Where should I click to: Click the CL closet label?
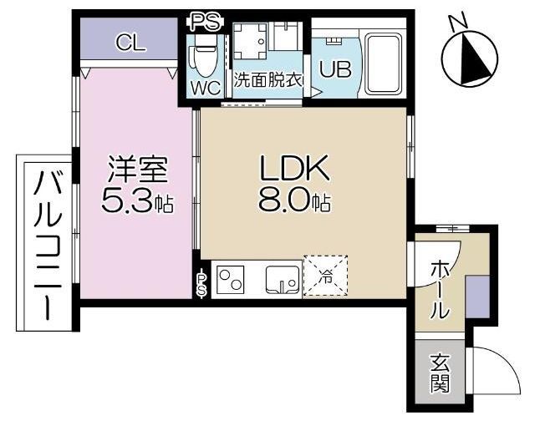[x=131, y=43]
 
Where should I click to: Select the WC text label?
[x=206, y=89]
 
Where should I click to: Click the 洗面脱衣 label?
[x=268, y=79]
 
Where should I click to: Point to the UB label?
[x=335, y=69]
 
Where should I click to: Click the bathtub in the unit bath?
[x=383, y=64]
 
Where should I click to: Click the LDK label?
[x=294, y=168]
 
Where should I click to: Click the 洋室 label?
[x=138, y=169]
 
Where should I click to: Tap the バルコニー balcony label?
[x=48, y=245]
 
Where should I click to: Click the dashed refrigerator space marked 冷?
[x=325, y=275]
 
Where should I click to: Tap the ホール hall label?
[x=439, y=291]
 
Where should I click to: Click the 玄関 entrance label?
[x=440, y=373]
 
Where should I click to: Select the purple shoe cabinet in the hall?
[x=477, y=297]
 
